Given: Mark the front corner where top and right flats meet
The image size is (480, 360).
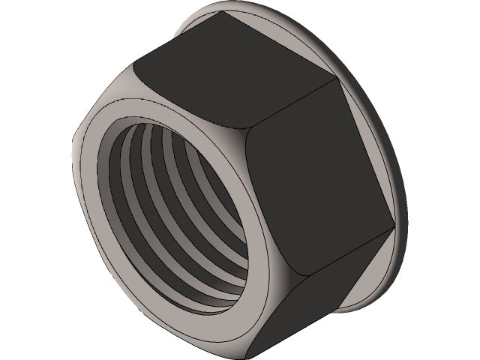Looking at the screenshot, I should point(247,136).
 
